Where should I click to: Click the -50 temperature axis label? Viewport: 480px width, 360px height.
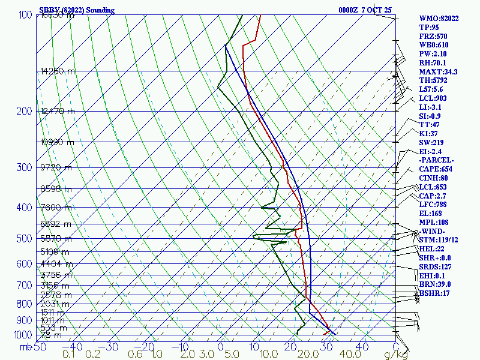pos(38,346)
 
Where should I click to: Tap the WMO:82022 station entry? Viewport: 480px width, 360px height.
pos(439,19)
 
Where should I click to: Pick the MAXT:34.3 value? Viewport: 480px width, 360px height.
pos(438,71)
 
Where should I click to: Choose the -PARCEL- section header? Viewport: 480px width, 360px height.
pos(437,160)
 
